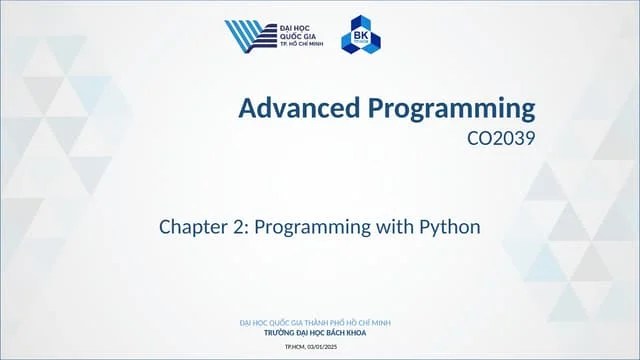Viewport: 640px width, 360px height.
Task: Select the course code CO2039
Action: click(x=501, y=139)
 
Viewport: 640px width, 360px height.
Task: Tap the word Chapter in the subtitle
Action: click(x=193, y=227)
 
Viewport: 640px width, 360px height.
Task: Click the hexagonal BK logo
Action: click(x=360, y=36)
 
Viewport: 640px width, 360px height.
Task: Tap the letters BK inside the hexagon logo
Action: click(x=360, y=36)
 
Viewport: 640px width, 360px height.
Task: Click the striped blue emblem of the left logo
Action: click(x=247, y=36)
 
